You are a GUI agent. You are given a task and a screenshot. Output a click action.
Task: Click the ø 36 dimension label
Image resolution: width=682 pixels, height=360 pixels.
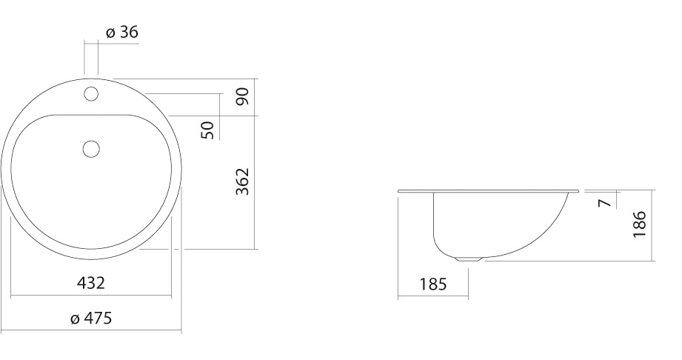click(x=121, y=32)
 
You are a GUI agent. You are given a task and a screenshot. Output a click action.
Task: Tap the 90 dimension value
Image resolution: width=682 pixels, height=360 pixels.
click(x=242, y=96)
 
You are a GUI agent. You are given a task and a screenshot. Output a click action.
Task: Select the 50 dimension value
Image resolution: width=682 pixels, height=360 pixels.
click(x=207, y=130)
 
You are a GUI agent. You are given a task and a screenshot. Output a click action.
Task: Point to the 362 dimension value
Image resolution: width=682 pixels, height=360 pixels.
click(x=242, y=181)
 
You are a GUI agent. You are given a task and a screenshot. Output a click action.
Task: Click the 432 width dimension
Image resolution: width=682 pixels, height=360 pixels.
click(x=91, y=283)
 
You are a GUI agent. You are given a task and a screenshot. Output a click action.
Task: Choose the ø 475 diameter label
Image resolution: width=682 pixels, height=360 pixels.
click(x=91, y=319)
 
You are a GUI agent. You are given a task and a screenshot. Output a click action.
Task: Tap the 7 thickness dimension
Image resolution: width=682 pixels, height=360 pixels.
click(x=605, y=203)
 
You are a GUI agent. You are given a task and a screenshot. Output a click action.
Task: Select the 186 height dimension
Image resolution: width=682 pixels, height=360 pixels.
click(x=639, y=224)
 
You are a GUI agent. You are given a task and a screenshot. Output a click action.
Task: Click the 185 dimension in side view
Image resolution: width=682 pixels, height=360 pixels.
click(x=433, y=284)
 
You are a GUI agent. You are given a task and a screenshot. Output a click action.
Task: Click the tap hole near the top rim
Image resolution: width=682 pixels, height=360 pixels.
click(x=91, y=93)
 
